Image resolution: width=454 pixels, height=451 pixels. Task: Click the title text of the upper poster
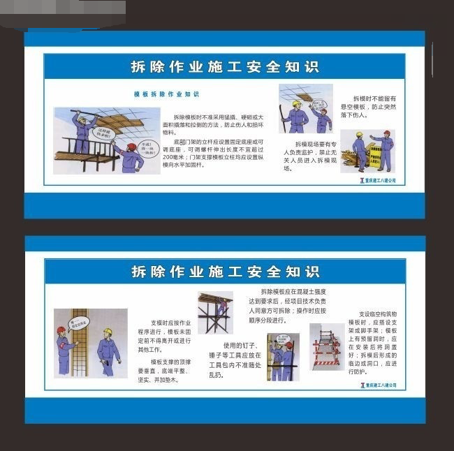click(x=225, y=67)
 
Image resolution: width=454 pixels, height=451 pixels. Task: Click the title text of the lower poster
click(x=225, y=271)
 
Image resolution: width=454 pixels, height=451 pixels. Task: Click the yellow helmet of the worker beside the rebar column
click(x=108, y=332)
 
